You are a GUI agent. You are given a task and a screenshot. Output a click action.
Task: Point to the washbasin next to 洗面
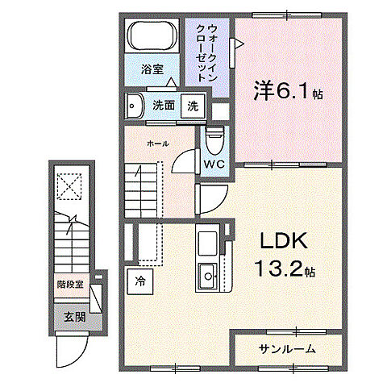[x=135, y=105]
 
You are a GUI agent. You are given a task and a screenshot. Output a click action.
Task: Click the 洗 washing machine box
[x=193, y=106]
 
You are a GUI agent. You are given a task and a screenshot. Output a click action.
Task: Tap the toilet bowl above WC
[x=214, y=143]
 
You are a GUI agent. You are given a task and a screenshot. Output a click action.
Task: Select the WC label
[x=214, y=164]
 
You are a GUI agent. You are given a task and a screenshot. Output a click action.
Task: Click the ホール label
[x=157, y=143]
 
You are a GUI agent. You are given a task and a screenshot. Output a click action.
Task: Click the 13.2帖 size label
[x=281, y=268]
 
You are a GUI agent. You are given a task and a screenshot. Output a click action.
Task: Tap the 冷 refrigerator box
[x=139, y=282]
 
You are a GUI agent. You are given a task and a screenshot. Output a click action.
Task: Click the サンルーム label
[x=288, y=348]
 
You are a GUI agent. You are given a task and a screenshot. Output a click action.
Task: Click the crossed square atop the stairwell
[x=69, y=188]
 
